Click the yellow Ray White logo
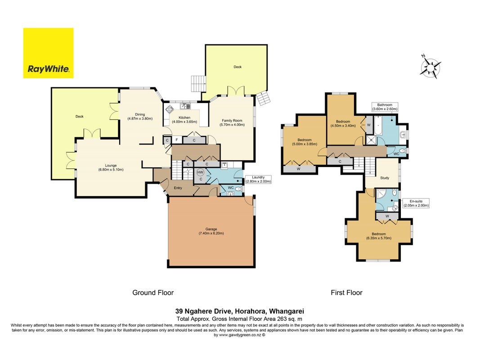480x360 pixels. click(x=49, y=53)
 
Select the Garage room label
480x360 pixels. click(x=211, y=229)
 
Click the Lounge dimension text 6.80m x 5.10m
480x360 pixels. click(x=111, y=170)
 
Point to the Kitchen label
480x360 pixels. click(x=184, y=117)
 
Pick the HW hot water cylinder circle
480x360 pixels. click(x=200, y=172)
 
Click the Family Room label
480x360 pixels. click(x=232, y=121)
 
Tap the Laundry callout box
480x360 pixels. click(x=258, y=180)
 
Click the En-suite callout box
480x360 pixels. click(x=416, y=203)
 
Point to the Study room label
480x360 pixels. click(x=385, y=178)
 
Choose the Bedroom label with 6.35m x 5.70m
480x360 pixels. click(x=379, y=234)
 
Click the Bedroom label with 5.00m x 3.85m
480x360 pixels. click(x=305, y=140)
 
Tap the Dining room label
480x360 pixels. click(x=140, y=114)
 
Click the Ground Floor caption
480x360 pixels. click(x=153, y=292)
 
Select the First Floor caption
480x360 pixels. click(x=346, y=292)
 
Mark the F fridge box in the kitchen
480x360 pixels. click(x=177, y=140)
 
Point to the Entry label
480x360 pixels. click(x=178, y=188)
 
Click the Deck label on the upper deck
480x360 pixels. click(x=238, y=67)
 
